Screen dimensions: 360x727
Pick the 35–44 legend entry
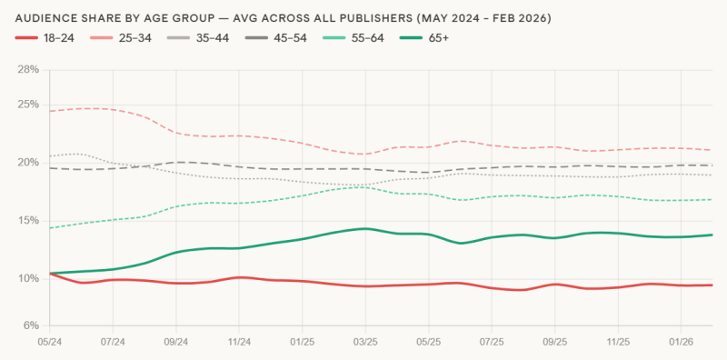click(214, 37)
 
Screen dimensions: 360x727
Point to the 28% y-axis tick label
click(27, 69)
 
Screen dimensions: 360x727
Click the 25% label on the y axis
click(27, 105)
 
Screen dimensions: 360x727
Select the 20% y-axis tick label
click(27, 163)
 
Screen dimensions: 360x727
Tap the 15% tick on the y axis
click(27, 221)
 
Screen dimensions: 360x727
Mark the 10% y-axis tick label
click(27, 278)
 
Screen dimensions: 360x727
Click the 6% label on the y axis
click(30, 325)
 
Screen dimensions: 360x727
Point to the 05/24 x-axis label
click(49, 343)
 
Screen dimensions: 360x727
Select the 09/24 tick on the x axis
click(175, 343)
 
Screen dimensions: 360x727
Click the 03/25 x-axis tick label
click(365, 343)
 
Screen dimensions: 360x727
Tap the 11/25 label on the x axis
click(618, 343)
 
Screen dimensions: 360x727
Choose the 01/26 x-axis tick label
click(682, 343)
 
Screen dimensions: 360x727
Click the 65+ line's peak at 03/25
click(365, 228)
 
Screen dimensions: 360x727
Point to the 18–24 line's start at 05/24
click(49, 273)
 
